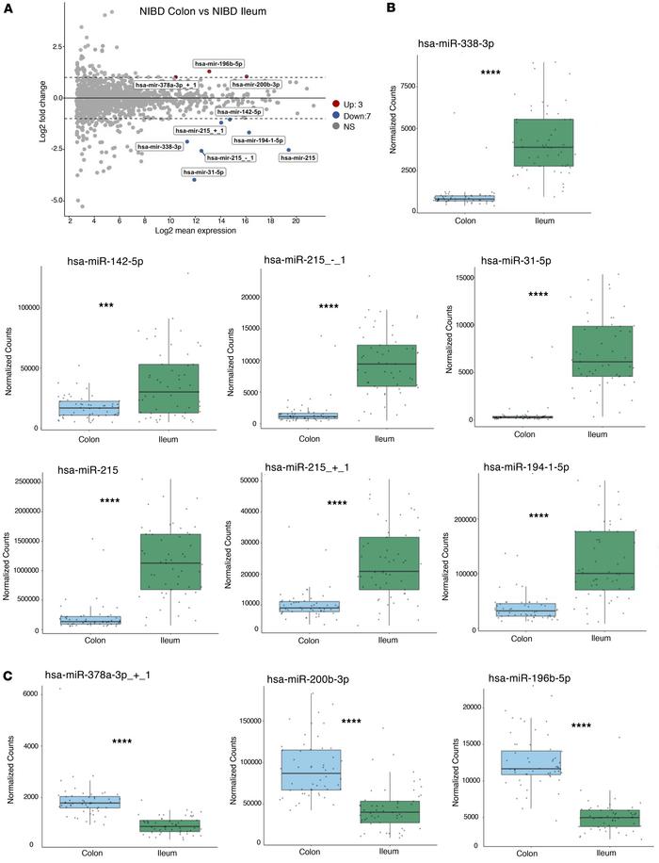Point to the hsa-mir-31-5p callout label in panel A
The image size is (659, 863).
[203, 172]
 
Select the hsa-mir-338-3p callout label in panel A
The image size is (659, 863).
[159, 147]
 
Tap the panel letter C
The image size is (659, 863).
[8, 650]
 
